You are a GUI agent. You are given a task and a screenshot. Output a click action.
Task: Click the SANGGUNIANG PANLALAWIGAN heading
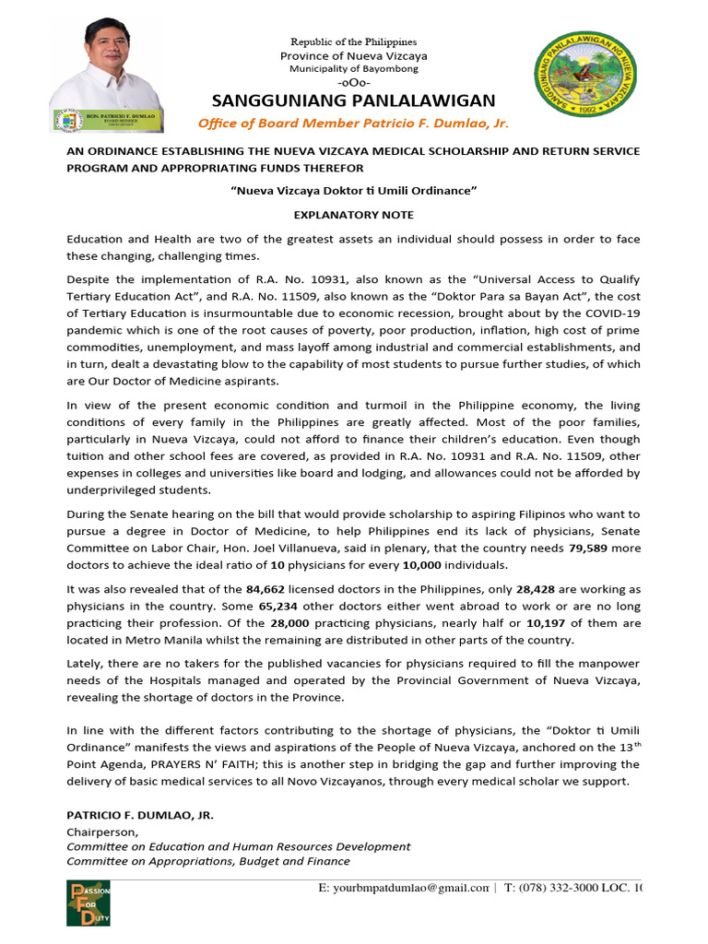click(x=354, y=100)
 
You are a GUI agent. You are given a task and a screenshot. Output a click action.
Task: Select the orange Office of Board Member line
click(x=354, y=124)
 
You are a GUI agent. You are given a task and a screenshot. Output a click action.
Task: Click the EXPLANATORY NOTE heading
click(x=354, y=214)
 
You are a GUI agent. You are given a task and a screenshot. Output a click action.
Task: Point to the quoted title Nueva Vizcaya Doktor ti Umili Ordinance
click(x=354, y=190)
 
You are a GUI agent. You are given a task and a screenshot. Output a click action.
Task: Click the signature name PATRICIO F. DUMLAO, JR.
click(x=139, y=816)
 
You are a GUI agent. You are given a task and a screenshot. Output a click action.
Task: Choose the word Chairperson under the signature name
click(x=98, y=832)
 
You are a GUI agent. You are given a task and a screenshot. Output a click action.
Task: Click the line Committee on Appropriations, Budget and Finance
click(x=208, y=861)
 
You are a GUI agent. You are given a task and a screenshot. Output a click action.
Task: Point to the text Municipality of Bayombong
click(x=354, y=69)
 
